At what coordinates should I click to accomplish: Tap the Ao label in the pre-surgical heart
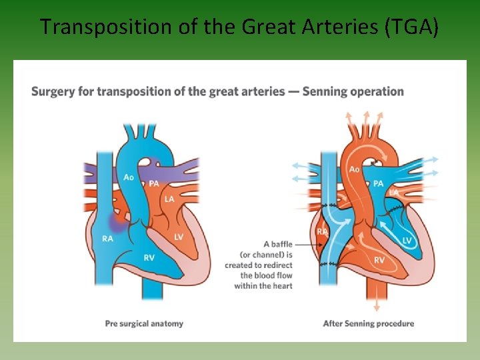[x=129, y=177]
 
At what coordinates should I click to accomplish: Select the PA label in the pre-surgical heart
[x=153, y=183]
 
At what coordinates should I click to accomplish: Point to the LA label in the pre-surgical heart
[x=169, y=199]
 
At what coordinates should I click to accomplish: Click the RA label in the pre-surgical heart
[x=107, y=237]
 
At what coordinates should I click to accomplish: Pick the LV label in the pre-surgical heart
[x=179, y=237]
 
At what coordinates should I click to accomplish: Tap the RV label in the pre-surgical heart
[x=149, y=257]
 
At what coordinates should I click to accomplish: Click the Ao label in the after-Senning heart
[x=355, y=169]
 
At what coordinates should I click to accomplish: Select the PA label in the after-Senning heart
[x=379, y=183]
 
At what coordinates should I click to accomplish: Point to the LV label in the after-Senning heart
[x=407, y=240]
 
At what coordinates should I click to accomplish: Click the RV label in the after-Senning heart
[x=379, y=260]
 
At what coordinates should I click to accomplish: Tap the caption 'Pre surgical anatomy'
[x=144, y=323]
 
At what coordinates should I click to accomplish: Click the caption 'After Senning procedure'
[x=368, y=323]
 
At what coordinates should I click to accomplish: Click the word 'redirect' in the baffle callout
[x=277, y=265]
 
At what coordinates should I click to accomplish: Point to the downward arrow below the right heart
[x=377, y=304]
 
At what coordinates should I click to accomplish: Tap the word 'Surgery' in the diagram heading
[x=53, y=91]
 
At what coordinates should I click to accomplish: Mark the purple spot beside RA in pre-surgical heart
[x=119, y=220]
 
